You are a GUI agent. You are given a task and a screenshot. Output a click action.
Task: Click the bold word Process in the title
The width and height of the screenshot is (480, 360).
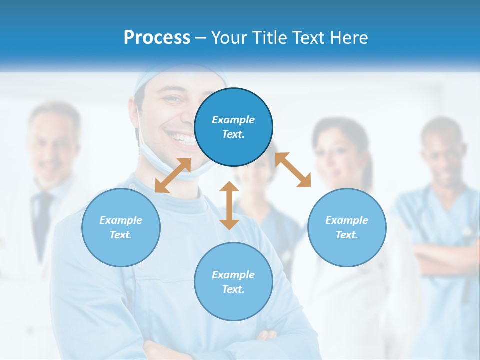pyautogui.click(x=157, y=37)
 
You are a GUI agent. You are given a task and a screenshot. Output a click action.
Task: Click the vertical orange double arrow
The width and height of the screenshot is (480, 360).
pyautogui.click(x=229, y=205)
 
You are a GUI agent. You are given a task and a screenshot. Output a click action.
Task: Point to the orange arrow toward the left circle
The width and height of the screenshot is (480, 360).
pyautogui.click(x=173, y=175)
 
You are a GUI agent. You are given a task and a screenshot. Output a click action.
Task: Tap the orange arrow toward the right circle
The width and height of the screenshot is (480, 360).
pyautogui.click(x=293, y=170)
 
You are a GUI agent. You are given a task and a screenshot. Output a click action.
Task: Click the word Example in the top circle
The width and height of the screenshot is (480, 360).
pyautogui.click(x=233, y=120)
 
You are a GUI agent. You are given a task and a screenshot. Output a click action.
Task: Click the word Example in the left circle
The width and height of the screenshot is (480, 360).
pyautogui.click(x=121, y=220)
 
